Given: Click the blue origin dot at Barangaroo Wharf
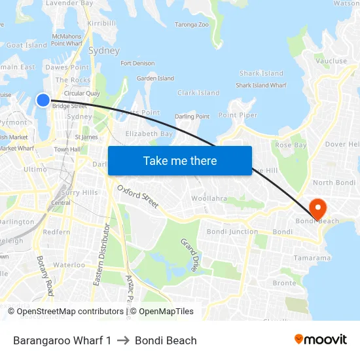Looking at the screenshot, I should coord(43,99).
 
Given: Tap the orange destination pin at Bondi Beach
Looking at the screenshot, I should coord(317,208).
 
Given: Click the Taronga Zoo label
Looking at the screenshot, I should coord(191,25).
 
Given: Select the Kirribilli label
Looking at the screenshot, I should coord(101,23).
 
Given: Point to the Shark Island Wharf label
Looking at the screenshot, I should coord(261,85).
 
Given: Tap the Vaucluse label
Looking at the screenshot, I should coord(331,61).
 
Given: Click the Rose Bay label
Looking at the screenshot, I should coord(291,145).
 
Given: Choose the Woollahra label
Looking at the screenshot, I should coord(208,198).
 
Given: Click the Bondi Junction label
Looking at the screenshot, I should coord(232,232).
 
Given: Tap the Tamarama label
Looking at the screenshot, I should coord(312,258).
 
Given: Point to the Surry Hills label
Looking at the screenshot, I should coord(79,192).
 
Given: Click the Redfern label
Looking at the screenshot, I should coord(56,232).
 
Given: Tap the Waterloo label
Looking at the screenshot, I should coord(69,265).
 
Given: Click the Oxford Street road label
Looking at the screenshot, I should coord(138,196).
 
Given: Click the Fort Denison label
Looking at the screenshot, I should coord(138,63).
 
